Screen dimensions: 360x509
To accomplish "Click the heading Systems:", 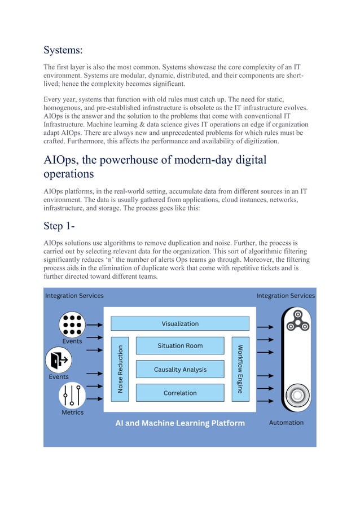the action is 63,50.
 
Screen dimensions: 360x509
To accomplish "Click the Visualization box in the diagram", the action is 180,323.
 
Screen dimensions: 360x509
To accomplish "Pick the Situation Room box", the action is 180,345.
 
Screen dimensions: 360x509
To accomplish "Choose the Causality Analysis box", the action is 180,370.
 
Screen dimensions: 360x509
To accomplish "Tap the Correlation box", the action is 180,393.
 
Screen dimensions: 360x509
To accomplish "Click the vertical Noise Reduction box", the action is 119,369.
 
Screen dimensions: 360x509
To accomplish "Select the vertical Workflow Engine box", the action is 240,369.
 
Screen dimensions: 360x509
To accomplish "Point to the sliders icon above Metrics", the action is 72,395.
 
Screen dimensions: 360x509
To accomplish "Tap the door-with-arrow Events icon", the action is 58,360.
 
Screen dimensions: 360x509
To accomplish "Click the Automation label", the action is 286,423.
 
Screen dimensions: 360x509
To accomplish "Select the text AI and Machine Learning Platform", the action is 180,423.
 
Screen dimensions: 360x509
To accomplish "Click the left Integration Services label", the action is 74,295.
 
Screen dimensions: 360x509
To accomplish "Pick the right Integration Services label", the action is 286,295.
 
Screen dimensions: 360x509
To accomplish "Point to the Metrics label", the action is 72,413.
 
